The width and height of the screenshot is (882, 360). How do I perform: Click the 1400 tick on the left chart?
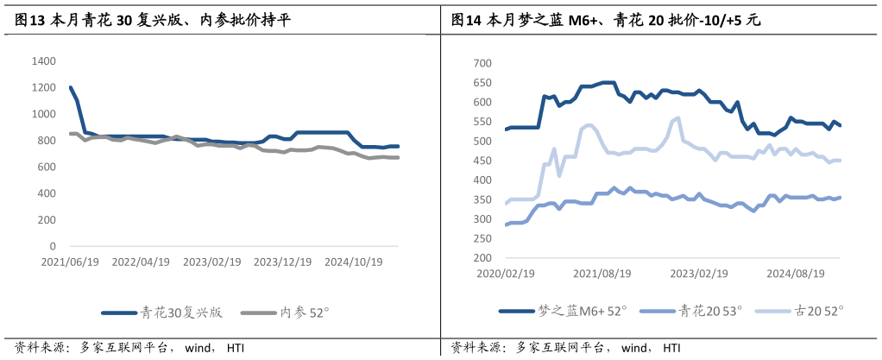click(44, 61)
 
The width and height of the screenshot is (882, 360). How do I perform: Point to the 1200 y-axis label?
click(44, 88)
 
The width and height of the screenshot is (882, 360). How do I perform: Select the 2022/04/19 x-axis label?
click(142, 261)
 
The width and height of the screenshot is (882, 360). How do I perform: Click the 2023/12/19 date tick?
click(282, 261)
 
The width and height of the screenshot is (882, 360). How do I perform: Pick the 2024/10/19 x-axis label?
click(353, 261)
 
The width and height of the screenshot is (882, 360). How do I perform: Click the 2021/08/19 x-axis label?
click(602, 273)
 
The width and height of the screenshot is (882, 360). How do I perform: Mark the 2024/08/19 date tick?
click(797, 273)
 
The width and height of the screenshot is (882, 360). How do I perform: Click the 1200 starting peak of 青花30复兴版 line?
click(70, 87)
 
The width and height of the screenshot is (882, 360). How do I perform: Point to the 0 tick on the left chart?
click(53, 246)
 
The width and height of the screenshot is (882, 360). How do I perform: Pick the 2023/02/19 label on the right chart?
click(699, 273)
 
